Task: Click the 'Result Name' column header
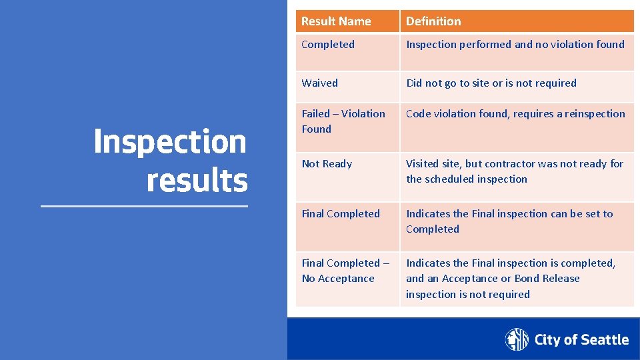[x=336, y=21]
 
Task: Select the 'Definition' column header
[x=433, y=21]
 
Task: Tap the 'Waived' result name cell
[x=319, y=83]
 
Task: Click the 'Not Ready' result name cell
[x=327, y=164]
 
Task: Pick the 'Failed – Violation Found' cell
[x=343, y=121]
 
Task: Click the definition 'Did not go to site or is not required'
[x=491, y=83]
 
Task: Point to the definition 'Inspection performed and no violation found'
[x=515, y=45]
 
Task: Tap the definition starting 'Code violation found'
[x=515, y=114]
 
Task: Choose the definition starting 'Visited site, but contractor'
[x=514, y=171]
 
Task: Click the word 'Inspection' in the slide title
[x=170, y=141]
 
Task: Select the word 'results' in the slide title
[x=197, y=180]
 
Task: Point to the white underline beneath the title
[x=144, y=207]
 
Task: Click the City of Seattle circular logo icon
[x=517, y=339]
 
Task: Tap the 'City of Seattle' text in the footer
[x=581, y=340]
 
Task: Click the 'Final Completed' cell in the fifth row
[x=341, y=214]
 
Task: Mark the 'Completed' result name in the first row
[x=328, y=45]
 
